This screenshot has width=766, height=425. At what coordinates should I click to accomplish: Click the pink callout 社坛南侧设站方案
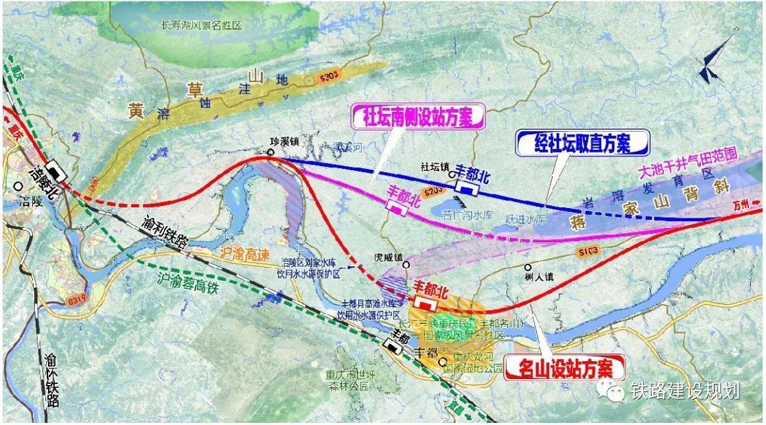coord(418,117)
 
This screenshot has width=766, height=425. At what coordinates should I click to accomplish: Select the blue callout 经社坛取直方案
coord(582,143)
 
